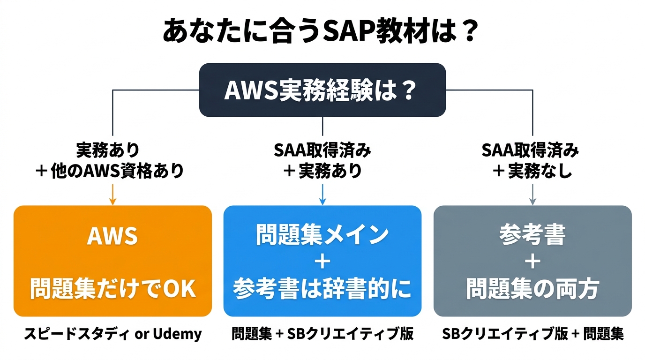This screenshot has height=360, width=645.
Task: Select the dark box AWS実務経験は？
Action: tap(322, 90)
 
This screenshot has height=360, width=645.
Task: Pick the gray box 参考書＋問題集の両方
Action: tap(532, 261)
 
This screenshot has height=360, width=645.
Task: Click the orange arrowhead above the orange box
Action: tap(112, 202)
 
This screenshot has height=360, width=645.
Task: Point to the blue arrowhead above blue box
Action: tap(322, 202)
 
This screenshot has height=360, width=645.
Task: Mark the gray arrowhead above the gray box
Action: tap(532, 202)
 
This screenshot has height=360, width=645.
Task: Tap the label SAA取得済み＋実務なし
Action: tap(532, 161)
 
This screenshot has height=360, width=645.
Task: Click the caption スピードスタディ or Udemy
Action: tap(112, 334)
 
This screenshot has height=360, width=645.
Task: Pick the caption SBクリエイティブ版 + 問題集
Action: tap(532, 334)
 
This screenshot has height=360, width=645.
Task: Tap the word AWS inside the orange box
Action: tap(112, 236)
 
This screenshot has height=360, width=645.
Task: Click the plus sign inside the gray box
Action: tap(532, 262)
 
